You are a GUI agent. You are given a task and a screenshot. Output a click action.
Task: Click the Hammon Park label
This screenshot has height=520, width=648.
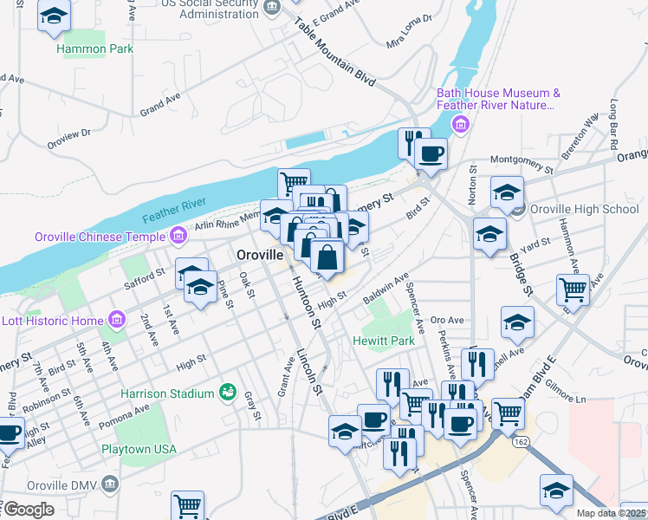pyautogui.click(x=95, y=49)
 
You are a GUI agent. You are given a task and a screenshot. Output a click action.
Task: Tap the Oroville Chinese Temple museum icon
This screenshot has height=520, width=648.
pyautogui.click(x=178, y=236)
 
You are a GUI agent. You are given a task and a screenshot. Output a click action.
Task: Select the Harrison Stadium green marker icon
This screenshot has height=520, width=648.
pyautogui.click(x=228, y=393)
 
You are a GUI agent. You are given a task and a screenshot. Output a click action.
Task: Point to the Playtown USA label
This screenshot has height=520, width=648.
pyautogui.click(x=139, y=449)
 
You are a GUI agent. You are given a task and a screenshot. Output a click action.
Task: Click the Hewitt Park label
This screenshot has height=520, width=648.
pyautogui.click(x=384, y=341)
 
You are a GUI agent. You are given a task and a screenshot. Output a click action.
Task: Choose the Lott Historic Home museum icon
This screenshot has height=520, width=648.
pyautogui.click(x=115, y=321)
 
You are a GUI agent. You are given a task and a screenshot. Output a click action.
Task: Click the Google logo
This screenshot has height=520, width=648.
pyautogui.click(x=28, y=509)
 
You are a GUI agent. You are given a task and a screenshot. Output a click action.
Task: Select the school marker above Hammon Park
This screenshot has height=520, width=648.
pyautogui.click(x=55, y=17)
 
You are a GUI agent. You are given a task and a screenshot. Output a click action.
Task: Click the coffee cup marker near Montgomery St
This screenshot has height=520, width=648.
pyautogui.click(x=431, y=154)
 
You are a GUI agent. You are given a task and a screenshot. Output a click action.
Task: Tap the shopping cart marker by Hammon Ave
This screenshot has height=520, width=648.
pyautogui.click(x=573, y=289)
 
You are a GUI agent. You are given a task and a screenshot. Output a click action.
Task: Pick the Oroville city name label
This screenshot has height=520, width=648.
pyautogui.click(x=260, y=256)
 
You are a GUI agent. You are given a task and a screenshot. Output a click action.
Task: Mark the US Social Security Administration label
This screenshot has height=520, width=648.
pyautogui.click(x=210, y=9)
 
